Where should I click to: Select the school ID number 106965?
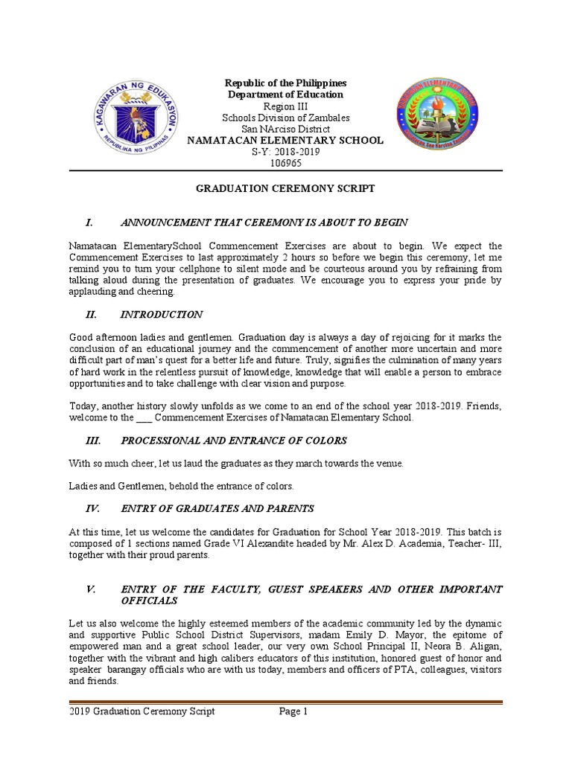point(285,162)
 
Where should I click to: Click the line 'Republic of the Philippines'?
point(286,83)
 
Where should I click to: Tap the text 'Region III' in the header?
point(286,106)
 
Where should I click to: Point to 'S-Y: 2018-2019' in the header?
point(285,151)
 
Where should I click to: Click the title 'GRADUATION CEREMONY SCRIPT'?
point(285,190)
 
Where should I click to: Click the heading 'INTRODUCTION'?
point(162,315)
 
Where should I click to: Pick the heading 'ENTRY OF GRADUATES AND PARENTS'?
point(217,508)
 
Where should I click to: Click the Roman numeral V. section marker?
point(91,589)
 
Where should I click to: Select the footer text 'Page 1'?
point(293,711)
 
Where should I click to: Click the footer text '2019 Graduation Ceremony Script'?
point(142,711)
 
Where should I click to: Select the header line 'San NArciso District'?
point(285,129)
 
